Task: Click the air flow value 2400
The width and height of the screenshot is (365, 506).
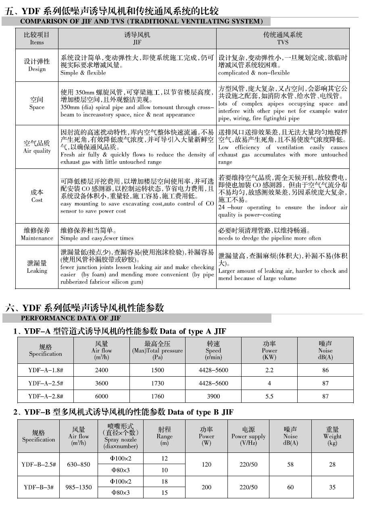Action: pyautogui.click(x=102, y=370)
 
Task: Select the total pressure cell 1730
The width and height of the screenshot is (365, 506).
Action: pyautogui.click(x=157, y=384)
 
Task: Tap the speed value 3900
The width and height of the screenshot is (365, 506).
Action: pyautogui.click(x=213, y=396)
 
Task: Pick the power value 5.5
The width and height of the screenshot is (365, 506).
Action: pyautogui.click(x=269, y=396)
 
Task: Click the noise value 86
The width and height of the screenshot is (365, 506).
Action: pyautogui.click(x=325, y=370)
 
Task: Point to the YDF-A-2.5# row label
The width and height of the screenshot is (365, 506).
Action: pyautogui.click(x=45, y=384)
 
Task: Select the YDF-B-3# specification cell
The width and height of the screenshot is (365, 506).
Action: pyautogui.click(x=39, y=487)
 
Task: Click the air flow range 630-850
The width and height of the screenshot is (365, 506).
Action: pyautogui.click(x=79, y=465)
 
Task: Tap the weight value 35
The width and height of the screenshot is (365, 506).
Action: pyautogui.click(x=332, y=487)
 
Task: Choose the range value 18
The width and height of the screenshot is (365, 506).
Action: pyautogui.click(x=164, y=482)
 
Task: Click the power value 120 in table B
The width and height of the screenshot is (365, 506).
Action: pyautogui.click(x=206, y=465)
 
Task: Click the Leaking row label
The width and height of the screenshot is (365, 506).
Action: pyautogui.click(x=37, y=267)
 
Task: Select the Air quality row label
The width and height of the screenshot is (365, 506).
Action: pyautogui.click(x=37, y=147)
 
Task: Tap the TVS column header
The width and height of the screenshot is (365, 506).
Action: pyautogui.click(x=283, y=39)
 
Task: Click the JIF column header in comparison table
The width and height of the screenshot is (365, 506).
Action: pyautogui.click(x=137, y=39)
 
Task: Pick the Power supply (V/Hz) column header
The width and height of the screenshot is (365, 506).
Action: pyautogui.click(x=248, y=436)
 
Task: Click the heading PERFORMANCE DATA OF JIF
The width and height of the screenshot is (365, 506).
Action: pyautogui.click(x=71, y=318)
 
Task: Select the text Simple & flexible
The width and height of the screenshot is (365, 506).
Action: pyautogui.click(x=83, y=73)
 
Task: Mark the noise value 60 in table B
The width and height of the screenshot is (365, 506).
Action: pyautogui.click(x=290, y=487)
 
